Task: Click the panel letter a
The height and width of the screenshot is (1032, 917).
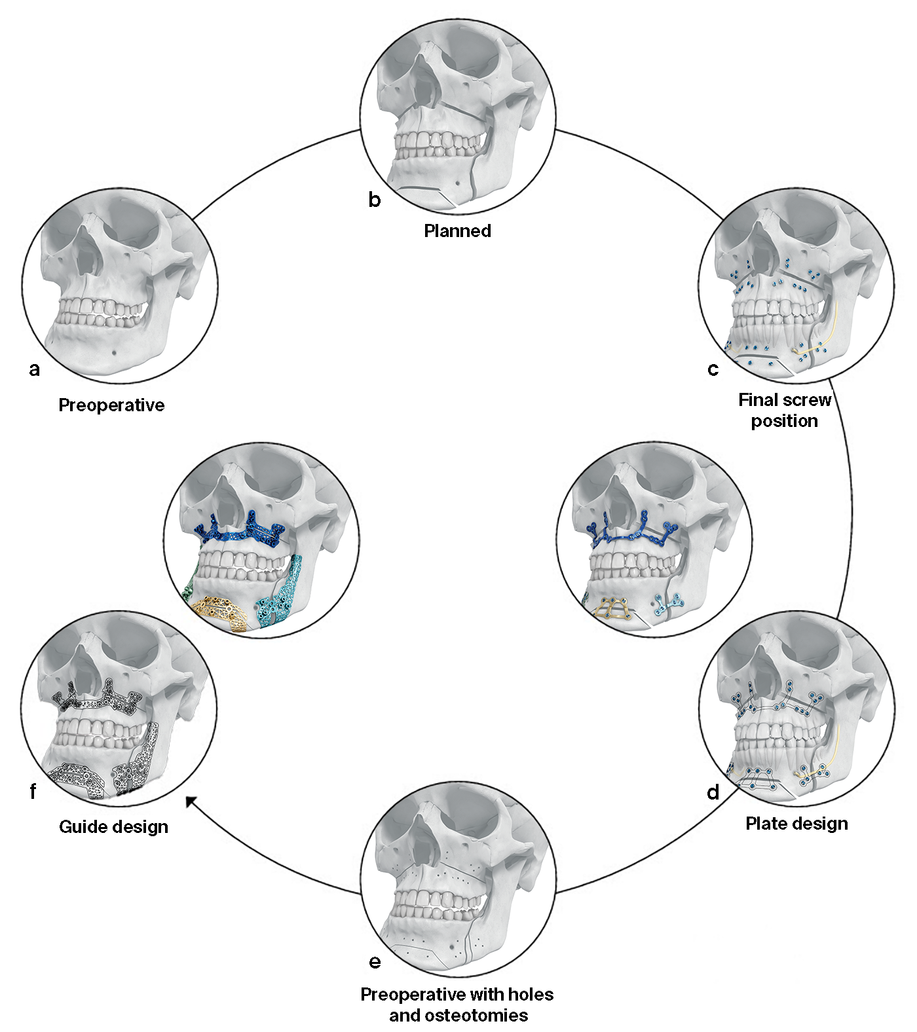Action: click(x=35, y=369)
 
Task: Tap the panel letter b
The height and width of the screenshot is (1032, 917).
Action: click(x=374, y=199)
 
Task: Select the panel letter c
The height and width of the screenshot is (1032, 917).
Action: click(x=713, y=369)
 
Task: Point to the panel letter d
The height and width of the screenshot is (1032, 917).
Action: click(x=713, y=792)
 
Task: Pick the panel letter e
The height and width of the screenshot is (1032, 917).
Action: click(x=375, y=961)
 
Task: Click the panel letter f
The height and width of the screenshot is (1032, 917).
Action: click(x=33, y=792)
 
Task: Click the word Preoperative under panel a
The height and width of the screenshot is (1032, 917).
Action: click(x=111, y=405)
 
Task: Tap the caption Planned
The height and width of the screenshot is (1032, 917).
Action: click(x=457, y=231)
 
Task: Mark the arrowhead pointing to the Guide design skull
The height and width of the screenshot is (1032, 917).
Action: click(x=191, y=801)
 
